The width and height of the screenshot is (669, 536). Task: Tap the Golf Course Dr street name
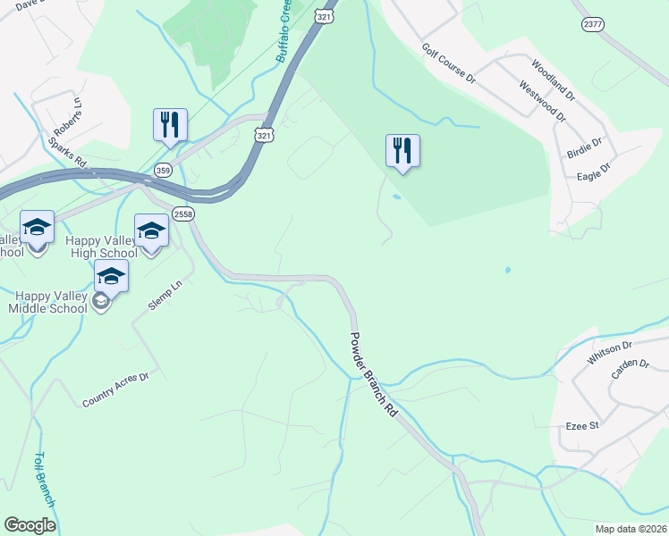coord(449,63)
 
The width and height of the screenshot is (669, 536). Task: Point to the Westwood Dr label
coord(543,101)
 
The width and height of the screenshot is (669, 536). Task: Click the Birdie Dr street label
coord(585,147)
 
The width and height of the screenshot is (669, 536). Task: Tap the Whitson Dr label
coord(609,350)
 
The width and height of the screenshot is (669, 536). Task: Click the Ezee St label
coord(581,426)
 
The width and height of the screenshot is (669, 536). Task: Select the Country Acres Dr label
coord(114,390)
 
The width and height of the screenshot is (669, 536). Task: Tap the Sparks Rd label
coord(67,153)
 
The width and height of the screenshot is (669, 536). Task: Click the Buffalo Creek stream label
coord(284,32)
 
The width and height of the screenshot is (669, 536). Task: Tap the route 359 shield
coord(163,170)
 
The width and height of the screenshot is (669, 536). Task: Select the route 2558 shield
coord(183,214)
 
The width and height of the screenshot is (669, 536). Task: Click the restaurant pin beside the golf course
coord(402,151)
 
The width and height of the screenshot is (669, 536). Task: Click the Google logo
coord(30,524)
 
